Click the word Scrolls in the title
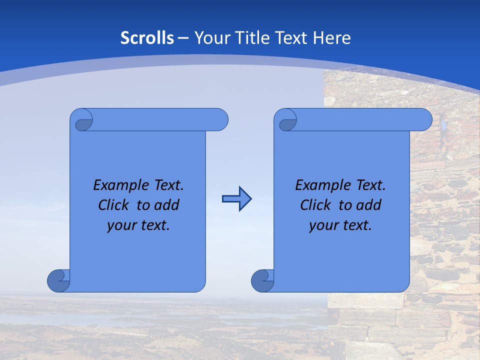click(x=147, y=38)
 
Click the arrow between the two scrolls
click(x=236, y=199)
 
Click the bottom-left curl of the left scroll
click(x=58, y=280)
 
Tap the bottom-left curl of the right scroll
click(x=262, y=280)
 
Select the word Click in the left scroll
click(x=115, y=205)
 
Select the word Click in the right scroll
click(x=316, y=205)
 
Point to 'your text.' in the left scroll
click(x=138, y=225)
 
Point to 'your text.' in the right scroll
click(x=340, y=225)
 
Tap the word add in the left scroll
click(x=167, y=205)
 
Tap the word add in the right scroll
click(x=369, y=205)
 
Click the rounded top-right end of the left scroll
click(x=220, y=119)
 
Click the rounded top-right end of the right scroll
click(x=424, y=119)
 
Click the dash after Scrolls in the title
click(x=183, y=38)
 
